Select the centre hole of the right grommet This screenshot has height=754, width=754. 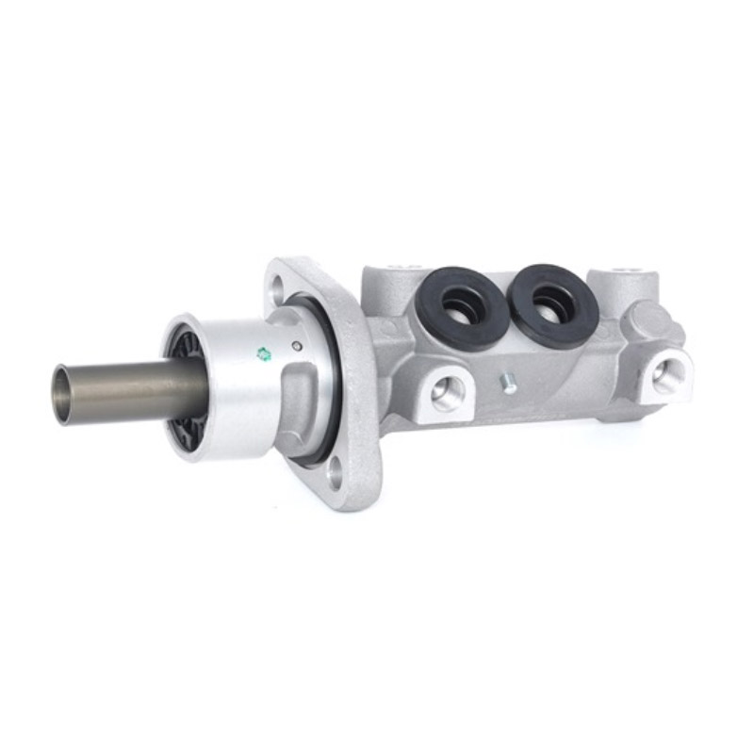tap(550, 302)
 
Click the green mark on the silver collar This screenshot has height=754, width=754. tap(264, 353)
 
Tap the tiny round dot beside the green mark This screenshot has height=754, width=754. tap(297, 344)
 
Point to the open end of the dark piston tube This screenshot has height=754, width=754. tap(63, 393)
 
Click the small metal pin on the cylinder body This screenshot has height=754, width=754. tap(508, 382)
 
